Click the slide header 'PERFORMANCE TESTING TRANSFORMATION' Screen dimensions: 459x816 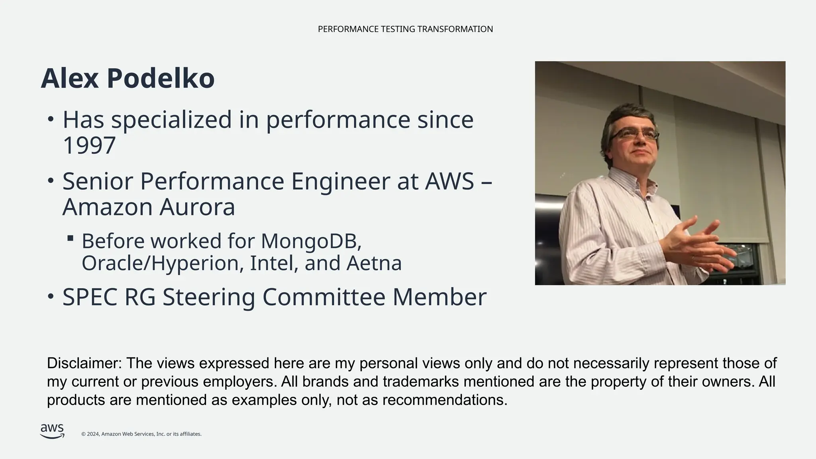pyautogui.click(x=405, y=29)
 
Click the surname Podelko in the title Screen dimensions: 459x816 pyautogui.click(x=161, y=78)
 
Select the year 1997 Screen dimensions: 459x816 pyautogui.click(x=89, y=145)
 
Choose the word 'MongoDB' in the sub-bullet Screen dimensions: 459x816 pyautogui.click(x=311, y=241)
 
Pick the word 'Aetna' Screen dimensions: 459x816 pyautogui.click(x=374, y=263)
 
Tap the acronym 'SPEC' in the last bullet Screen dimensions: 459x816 pyautogui.click(x=90, y=297)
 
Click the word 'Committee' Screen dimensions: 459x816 pyautogui.click(x=324, y=297)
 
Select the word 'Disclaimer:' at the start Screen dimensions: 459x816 pyautogui.click(x=84, y=363)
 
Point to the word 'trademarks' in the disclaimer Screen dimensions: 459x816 pyautogui.click(x=421, y=382)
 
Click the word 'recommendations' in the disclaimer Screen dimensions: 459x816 pyautogui.click(x=445, y=400)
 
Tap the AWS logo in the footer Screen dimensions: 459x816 pyautogui.click(x=52, y=431)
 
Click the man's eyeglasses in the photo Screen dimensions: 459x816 pyautogui.click(x=633, y=135)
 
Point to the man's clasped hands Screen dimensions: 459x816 pyautogui.click(x=697, y=243)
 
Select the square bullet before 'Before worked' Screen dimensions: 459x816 pyautogui.click(x=71, y=238)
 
